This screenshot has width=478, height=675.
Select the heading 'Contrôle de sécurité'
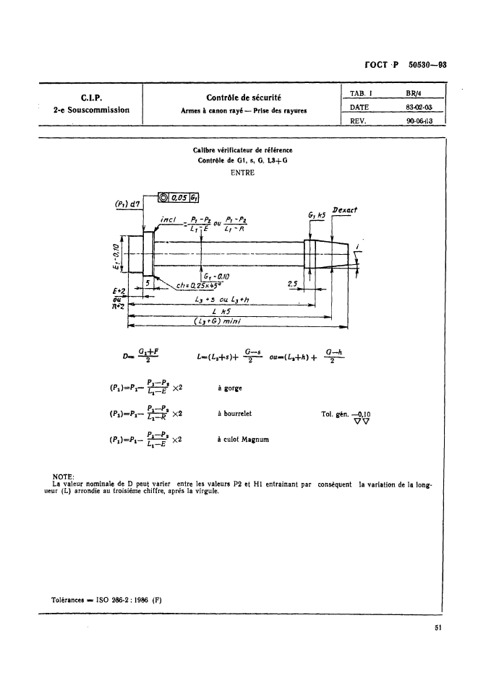(x=244, y=96)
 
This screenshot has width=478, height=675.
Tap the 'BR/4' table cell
(x=415, y=92)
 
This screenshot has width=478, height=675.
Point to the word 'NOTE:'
(x=65, y=477)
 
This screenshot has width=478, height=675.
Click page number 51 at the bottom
(x=438, y=627)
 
